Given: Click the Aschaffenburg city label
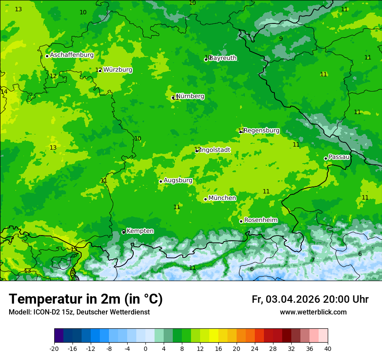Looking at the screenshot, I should pyautogui.click(x=72, y=55).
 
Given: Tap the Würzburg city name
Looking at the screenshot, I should pyautogui.click(x=118, y=70).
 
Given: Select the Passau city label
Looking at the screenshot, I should pyautogui.click(x=339, y=157).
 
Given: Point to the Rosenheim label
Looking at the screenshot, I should pyautogui.click(x=260, y=220).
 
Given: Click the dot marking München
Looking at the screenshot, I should pyautogui.click(x=205, y=200).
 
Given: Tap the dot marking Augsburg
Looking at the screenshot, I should pyautogui.click(x=161, y=181).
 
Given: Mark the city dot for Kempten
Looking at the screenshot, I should pyautogui.click(x=124, y=232).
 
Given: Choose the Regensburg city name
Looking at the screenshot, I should pyautogui.click(x=262, y=131).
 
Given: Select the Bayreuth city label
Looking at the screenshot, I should pyautogui.click(x=223, y=58).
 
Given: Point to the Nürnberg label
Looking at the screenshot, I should pyautogui.click(x=190, y=96).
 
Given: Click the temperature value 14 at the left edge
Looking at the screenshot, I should pyautogui.click(x=4, y=92).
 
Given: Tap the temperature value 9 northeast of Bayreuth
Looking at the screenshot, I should pyautogui.click(x=281, y=39).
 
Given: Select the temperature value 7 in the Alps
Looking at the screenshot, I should pyautogui.click(x=313, y=260).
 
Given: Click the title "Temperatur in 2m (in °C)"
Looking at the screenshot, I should pyautogui.click(x=86, y=299).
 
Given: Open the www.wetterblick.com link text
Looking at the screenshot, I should pyautogui.click(x=313, y=312).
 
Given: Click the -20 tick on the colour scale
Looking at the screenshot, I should pyautogui.click(x=54, y=349).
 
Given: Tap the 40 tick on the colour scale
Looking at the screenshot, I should pyautogui.click(x=328, y=349).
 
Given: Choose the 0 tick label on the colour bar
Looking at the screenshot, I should pyautogui.click(x=145, y=349).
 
